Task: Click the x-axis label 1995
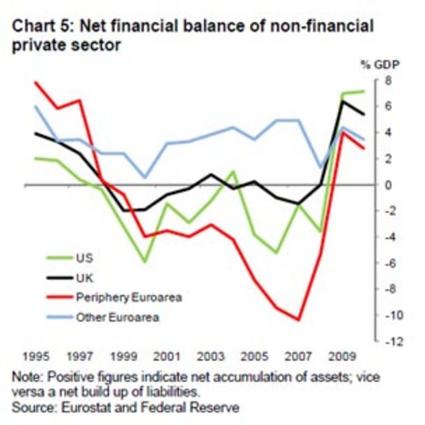point(34,356)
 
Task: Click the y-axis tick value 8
point(385,80)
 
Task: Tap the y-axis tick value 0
point(385,185)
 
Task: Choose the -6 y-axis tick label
point(387,263)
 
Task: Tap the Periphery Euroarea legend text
point(121,297)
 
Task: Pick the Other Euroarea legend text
point(111,317)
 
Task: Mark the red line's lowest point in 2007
point(298,319)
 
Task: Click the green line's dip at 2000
point(144,262)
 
